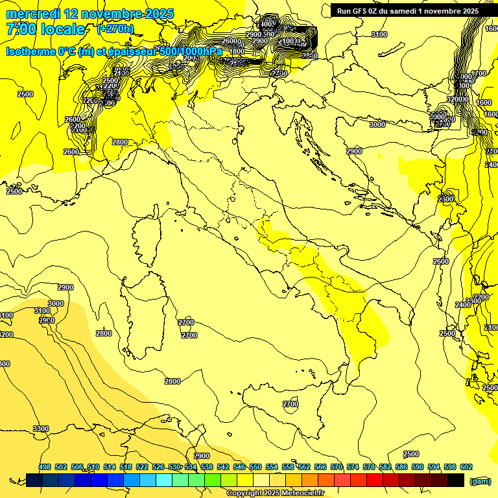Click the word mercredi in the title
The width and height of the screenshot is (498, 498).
[34, 14]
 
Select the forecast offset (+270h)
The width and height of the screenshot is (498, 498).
[115, 29]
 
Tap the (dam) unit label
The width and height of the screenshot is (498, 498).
[480, 480]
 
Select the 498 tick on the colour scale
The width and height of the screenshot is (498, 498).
[45, 467]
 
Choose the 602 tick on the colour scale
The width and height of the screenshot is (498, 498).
[466, 467]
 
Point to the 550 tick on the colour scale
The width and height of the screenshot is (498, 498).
[255, 467]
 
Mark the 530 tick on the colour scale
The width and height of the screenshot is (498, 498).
[174, 467]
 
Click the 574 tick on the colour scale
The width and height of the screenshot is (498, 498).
[353, 467]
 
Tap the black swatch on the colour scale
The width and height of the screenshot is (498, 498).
[456, 480]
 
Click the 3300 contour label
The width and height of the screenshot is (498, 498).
[40, 429]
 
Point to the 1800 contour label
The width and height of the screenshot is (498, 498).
[237, 51]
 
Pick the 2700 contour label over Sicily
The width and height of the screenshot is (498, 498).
[290, 404]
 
